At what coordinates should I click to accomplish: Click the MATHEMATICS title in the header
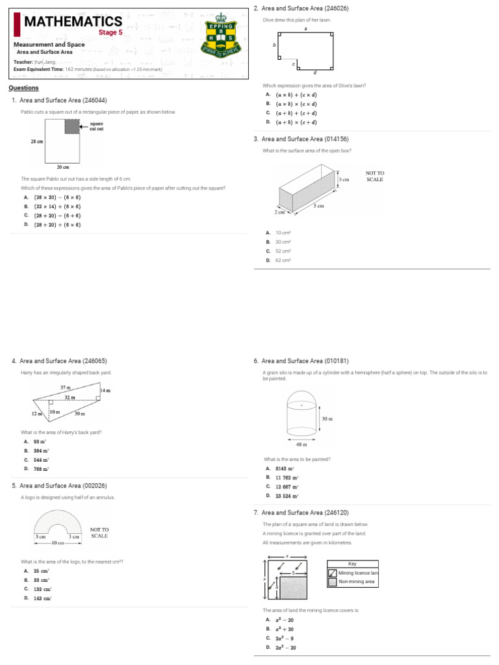(72, 22)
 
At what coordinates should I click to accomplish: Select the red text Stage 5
(110, 32)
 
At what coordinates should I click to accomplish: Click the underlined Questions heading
(23, 88)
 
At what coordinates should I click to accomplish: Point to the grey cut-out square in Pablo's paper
(71, 127)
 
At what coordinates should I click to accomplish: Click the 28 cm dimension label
(36, 141)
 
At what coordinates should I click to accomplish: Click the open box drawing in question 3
(305, 189)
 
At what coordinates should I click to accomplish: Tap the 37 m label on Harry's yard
(65, 386)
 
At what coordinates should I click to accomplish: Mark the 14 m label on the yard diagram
(105, 390)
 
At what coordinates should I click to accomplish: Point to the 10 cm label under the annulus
(58, 542)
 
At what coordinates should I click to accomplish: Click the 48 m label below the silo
(301, 445)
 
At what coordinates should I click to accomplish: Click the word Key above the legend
(353, 564)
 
